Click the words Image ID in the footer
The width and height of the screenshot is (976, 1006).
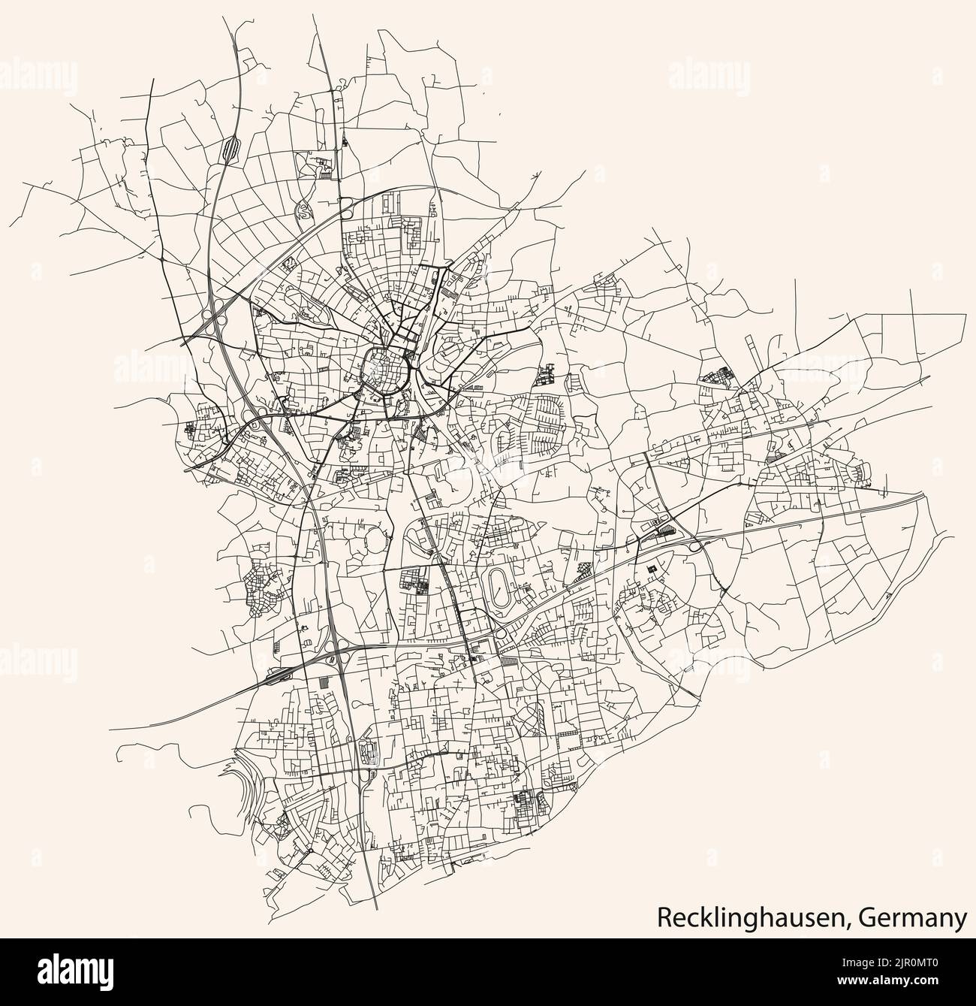click(857, 963)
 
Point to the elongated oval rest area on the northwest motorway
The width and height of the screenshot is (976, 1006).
click(230, 147)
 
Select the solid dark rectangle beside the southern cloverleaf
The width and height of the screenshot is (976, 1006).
click(324, 682)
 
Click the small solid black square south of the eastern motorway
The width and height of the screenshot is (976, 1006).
click(652, 569)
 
